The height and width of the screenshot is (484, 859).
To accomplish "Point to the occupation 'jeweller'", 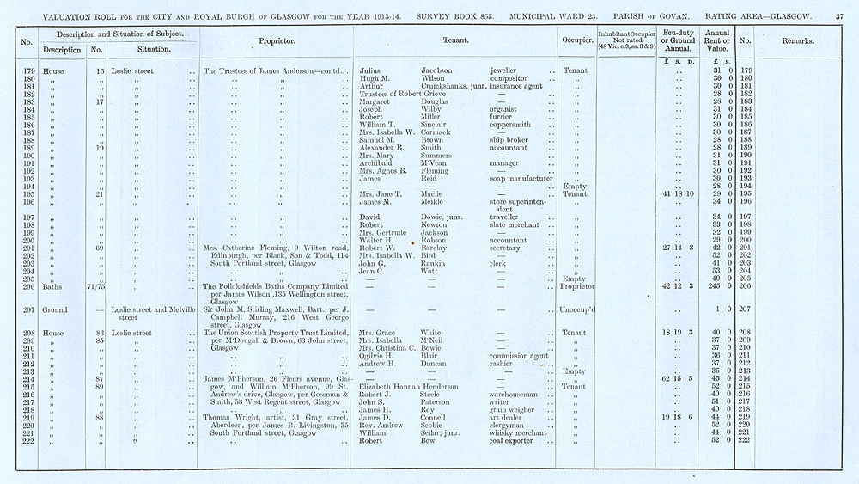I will [x=504, y=70].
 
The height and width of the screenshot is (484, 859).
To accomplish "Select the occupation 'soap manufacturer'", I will [x=521, y=179].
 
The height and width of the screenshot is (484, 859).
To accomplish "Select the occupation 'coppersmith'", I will [x=513, y=125].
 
